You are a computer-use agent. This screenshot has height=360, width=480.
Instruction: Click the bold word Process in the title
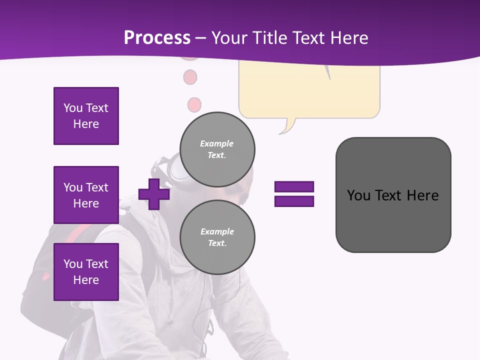[x=157, y=38]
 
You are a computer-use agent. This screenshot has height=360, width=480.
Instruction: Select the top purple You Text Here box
[x=86, y=116]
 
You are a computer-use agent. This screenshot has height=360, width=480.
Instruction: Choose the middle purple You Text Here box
[x=86, y=195]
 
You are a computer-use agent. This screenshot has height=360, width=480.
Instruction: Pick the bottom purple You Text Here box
[x=86, y=272]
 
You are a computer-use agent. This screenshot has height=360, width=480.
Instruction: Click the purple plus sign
[x=153, y=194]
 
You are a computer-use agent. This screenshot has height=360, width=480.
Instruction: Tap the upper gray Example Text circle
[x=217, y=149]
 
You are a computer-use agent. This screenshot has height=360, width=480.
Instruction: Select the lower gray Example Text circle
[x=217, y=237]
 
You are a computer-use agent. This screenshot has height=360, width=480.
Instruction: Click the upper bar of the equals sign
[x=294, y=186]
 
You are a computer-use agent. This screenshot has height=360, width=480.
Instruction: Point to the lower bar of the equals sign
[x=294, y=201]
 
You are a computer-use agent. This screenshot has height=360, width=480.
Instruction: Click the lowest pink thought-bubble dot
[x=194, y=105]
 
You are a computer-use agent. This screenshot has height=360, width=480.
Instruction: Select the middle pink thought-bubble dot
[x=190, y=77]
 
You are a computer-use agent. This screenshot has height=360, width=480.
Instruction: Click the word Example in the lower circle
[x=217, y=231]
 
